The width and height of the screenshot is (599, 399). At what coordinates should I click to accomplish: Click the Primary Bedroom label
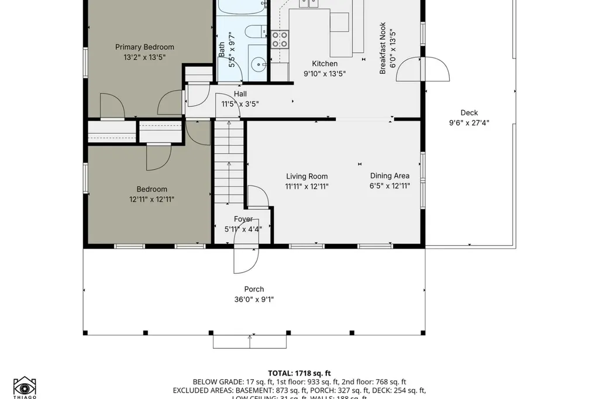click(x=144, y=47)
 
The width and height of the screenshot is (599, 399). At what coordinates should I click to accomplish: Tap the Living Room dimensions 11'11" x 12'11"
click(x=307, y=187)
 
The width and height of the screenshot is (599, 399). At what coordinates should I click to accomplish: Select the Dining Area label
click(x=390, y=176)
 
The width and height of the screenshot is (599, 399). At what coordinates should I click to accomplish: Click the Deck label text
click(x=469, y=113)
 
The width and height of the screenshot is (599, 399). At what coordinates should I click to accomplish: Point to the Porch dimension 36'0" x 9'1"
click(x=254, y=300)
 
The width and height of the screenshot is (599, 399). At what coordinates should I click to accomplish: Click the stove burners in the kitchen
click(x=280, y=39)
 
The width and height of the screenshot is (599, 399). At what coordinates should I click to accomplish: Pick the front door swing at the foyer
click(x=245, y=259)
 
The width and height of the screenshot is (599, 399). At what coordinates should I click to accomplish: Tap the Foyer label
click(x=243, y=219)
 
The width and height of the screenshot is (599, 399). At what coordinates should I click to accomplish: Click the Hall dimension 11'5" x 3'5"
click(x=240, y=104)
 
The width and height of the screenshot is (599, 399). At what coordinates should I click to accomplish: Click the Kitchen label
click(x=325, y=64)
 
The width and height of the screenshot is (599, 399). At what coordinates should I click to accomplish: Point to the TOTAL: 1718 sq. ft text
click(x=299, y=373)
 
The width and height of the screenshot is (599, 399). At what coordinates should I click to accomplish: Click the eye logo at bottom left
click(x=25, y=387)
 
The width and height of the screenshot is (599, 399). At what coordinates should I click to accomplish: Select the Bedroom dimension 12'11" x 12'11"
click(x=152, y=199)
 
